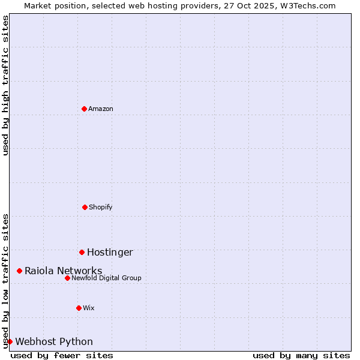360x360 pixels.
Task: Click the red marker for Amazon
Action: click(84, 109)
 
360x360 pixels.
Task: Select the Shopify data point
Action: click(85, 207)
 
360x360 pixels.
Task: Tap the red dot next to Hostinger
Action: click(82, 252)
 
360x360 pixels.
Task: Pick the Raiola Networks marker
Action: click(19, 271)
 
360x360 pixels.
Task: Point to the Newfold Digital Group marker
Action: click(67, 278)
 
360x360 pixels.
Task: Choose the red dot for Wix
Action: click(79, 308)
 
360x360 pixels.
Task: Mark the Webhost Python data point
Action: click(10, 341)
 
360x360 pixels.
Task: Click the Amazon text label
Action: click(101, 109)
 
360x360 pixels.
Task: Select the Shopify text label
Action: click(101, 207)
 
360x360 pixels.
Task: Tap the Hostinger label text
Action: click(110, 253)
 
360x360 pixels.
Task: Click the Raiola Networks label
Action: click(63, 271)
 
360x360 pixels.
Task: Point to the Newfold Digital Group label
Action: click(106, 278)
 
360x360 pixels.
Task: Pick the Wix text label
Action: click(89, 308)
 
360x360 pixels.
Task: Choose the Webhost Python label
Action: click(54, 342)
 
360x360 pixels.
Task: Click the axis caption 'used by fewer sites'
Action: click(62, 355)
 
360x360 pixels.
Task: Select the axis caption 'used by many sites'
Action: click(301, 355)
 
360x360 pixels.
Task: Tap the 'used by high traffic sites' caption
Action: click(5, 85)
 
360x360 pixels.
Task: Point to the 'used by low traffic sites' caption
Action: click(5, 280)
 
